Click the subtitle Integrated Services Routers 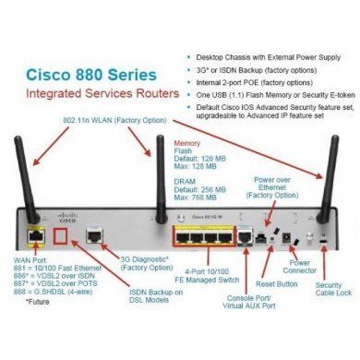[x=89, y=95]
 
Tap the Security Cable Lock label [x=333, y=291]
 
